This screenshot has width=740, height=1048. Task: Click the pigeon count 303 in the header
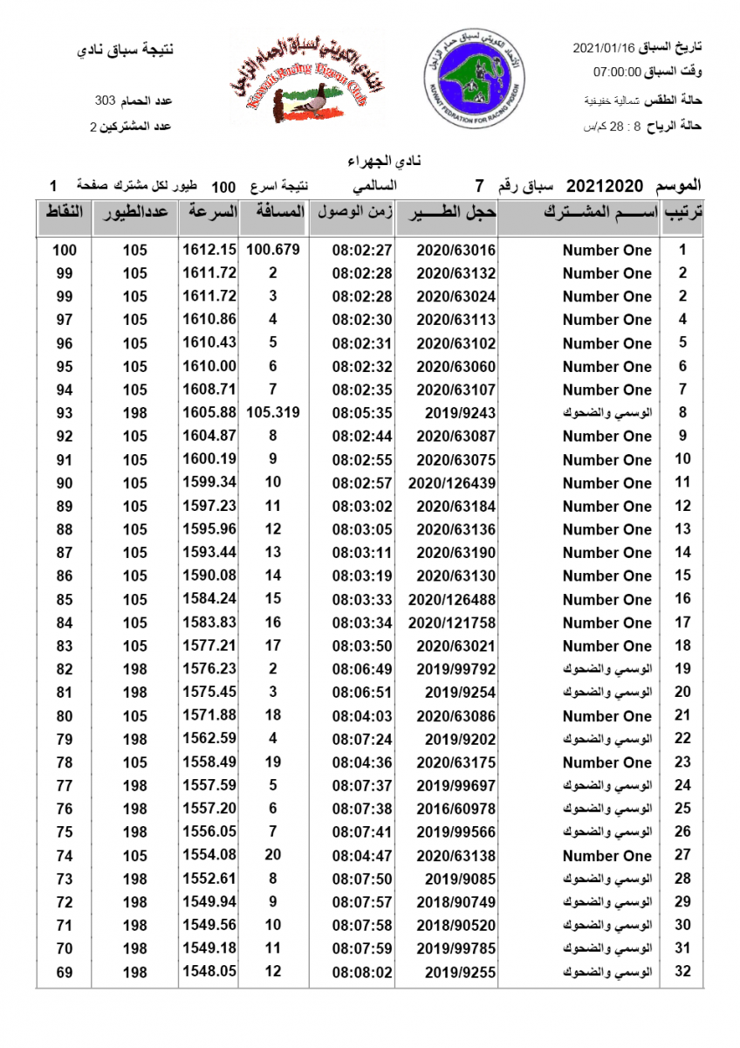click(x=106, y=102)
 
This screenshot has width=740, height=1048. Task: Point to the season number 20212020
click(x=605, y=186)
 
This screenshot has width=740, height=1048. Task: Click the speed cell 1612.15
click(x=209, y=250)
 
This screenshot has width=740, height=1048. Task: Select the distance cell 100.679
click(x=273, y=250)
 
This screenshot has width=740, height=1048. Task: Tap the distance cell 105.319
click(x=273, y=413)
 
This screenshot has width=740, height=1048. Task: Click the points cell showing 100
click(x=65, y=251)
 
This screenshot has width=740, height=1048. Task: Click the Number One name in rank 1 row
click(x=607, y=251)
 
